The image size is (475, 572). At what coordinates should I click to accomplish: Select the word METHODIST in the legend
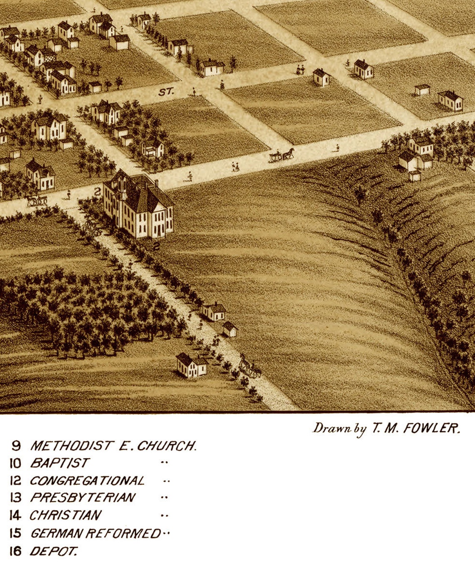pos(71,446)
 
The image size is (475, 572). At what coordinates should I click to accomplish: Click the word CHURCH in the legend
pos(166,446)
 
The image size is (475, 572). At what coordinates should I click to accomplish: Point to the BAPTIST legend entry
pos(60,463)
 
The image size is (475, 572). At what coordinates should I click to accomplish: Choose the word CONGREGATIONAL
pos(87,481)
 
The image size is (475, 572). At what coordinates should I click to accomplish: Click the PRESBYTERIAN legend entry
pos(82,498)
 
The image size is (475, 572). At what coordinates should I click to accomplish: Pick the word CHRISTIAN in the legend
pos(65,515)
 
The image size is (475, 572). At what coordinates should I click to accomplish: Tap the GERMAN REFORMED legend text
pos(95,533)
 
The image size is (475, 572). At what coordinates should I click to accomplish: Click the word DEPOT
pos(53,552)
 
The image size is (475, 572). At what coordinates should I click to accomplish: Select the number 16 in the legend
pos(15,552)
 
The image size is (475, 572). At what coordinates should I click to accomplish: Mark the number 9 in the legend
pos(16,446)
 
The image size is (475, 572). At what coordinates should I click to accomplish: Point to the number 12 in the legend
pos(15,481)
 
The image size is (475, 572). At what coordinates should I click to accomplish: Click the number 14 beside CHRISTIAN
pos(15,515)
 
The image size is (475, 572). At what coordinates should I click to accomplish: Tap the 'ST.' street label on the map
pos(165,92)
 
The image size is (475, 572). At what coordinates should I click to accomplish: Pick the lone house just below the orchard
pos(191,365)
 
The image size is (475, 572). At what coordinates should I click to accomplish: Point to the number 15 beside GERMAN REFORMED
pos(15,533)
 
